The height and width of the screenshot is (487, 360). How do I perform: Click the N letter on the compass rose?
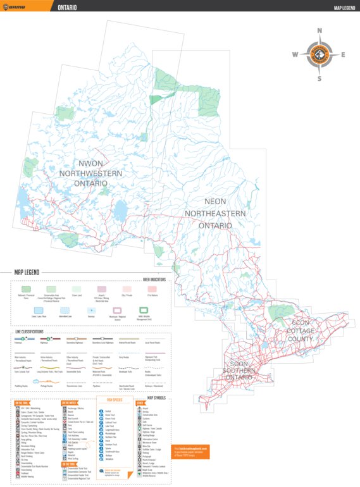(x=320, y=30)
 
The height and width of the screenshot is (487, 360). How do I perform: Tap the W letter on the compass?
(x=295, y=54)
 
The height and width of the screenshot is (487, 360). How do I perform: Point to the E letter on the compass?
(x=343, y=54)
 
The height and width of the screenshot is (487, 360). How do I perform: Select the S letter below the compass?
(x=320, y=78)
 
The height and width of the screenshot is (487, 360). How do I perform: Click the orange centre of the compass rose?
(x=320, y=54)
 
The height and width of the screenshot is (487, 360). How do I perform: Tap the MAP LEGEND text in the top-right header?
(x=338, y=8)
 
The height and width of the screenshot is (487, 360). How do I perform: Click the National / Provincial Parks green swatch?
(x=26, y=288)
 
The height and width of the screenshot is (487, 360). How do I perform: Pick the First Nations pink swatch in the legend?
(x=152, y=288)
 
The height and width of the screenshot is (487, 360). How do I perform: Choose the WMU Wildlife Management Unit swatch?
(x=144, y=311)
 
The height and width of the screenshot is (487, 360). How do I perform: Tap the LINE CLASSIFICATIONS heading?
(x=38, y=332)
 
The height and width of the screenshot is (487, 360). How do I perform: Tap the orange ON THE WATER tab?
(x=70, y=402)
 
